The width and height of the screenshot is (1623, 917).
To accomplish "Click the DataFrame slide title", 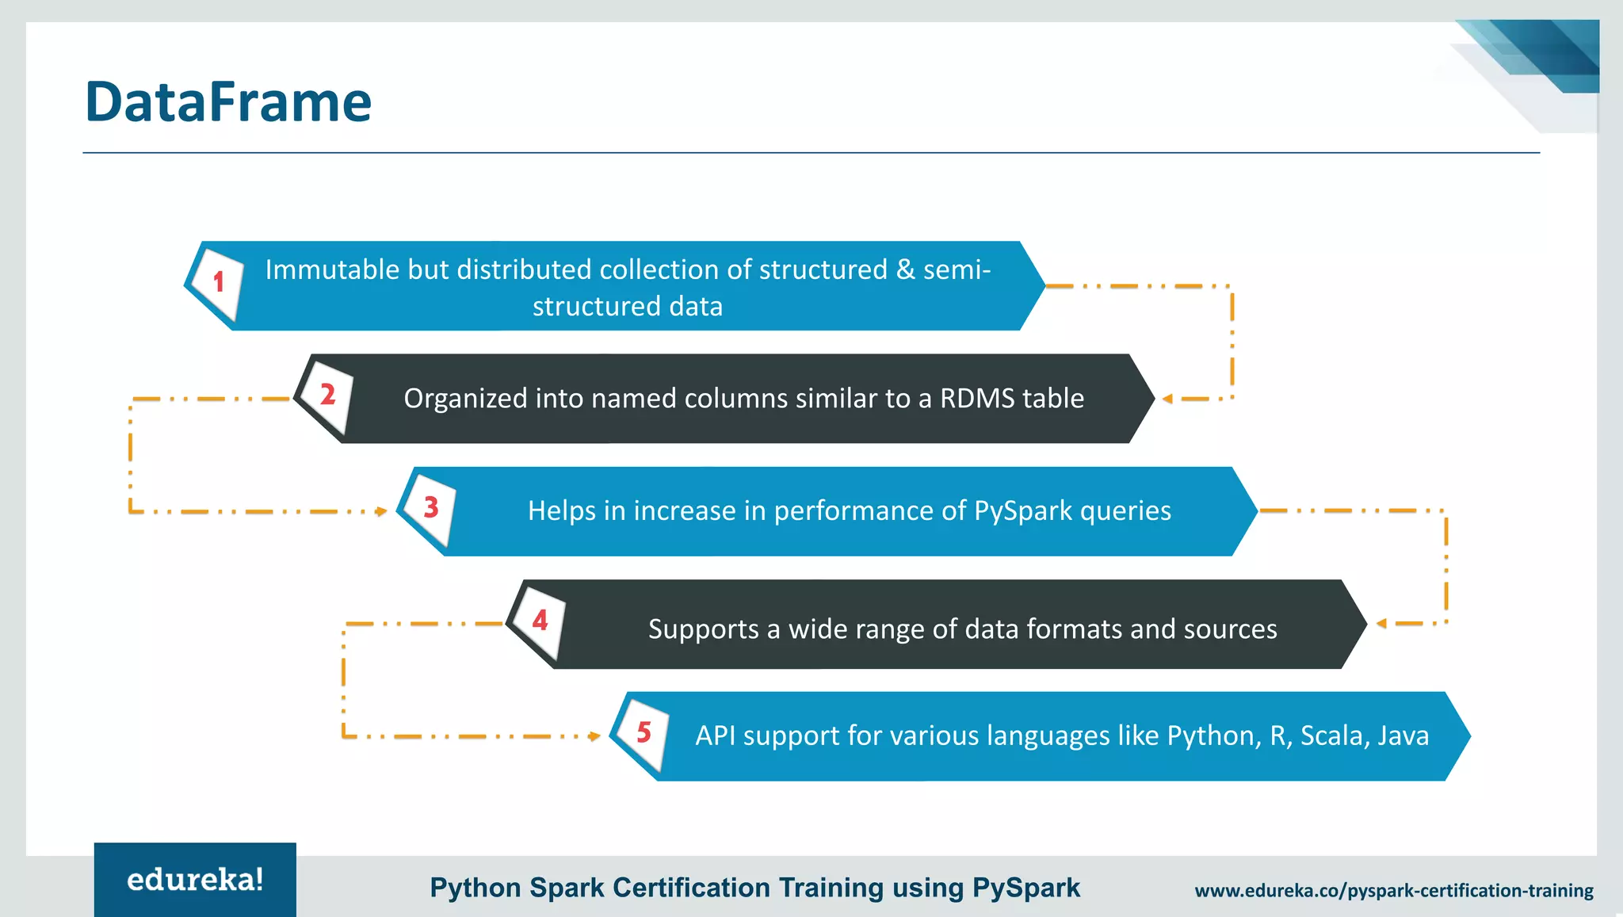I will (x=228, y=102).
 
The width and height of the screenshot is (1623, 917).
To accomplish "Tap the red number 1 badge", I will (x=219, y=281).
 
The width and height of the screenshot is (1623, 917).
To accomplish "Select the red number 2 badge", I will (x=327, y=394).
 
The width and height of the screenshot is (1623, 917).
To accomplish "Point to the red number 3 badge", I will (x=431, y=506).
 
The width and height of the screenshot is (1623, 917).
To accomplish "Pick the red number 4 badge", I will (x=540, y=620).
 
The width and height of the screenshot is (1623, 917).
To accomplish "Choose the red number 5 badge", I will (x=643, y=732).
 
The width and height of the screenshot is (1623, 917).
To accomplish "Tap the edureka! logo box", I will (x=195, y=880).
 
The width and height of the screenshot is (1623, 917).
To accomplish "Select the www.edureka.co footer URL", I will (x=1394, y=891).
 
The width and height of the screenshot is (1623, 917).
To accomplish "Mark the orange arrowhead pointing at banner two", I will (x=1167, y=399).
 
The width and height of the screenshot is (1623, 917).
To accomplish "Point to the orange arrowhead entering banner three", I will (x=382, y=511).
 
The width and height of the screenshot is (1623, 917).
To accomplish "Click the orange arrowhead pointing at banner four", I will (x=1381, y=624).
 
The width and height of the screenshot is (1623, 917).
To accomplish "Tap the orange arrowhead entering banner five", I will (x=595, y=736).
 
